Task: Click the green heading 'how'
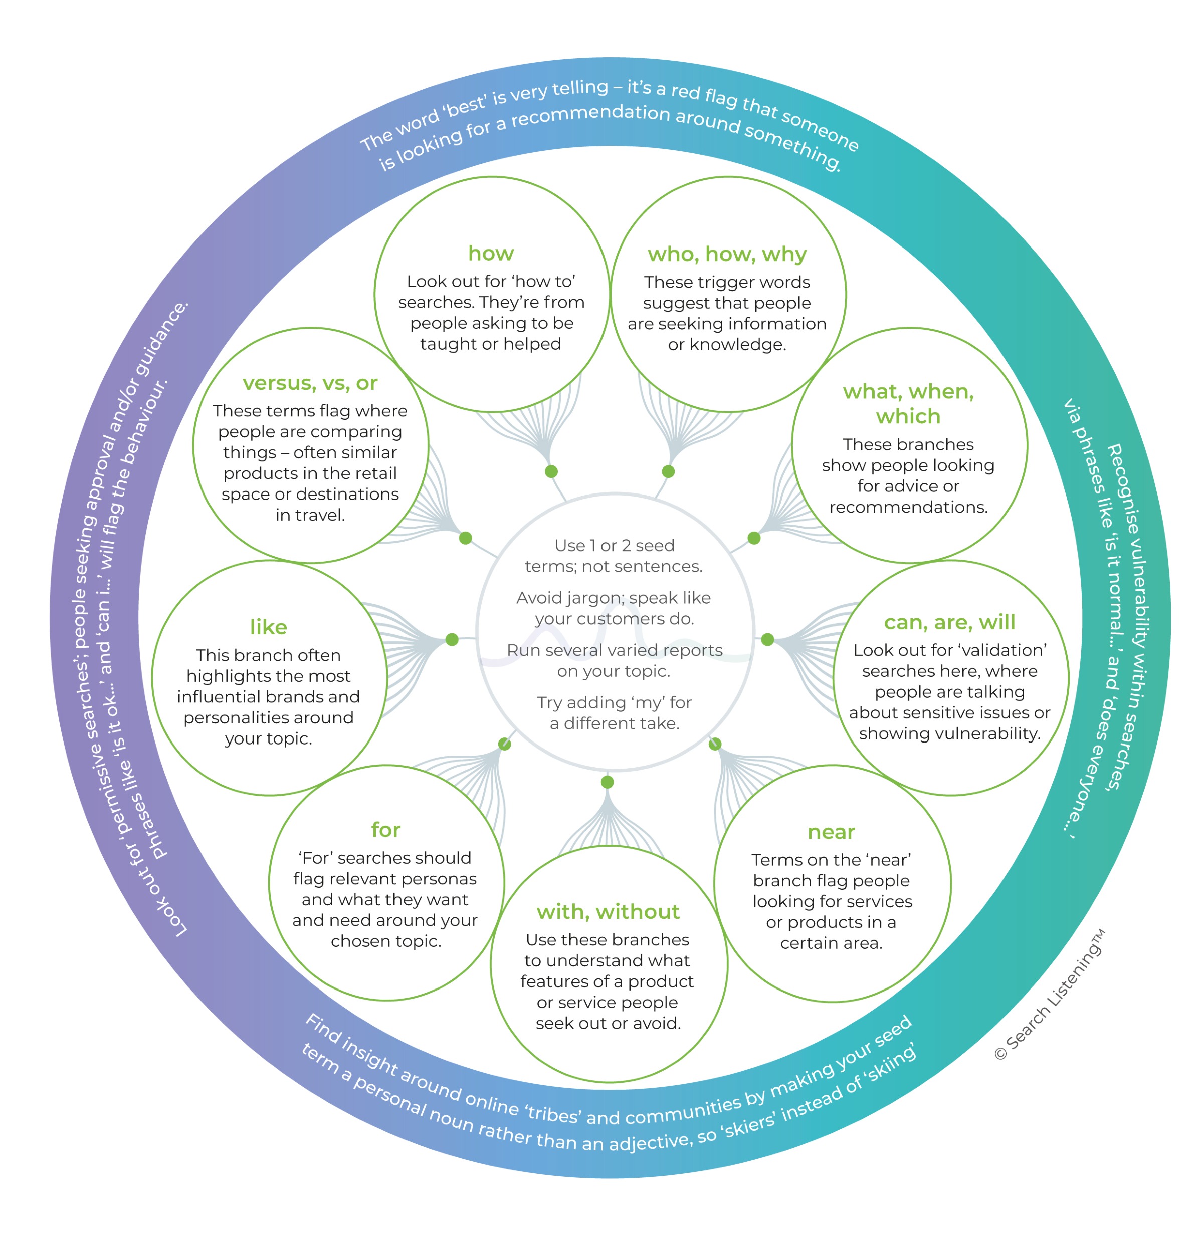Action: click(x=491, y=254)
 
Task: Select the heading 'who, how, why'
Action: click(x=727, y=254)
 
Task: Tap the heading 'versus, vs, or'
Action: click(x=310, y=383)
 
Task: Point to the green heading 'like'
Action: click(x=269, y=627)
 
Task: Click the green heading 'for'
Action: click(x=385, y=829)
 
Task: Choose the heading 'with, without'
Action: click(x=608, y=911)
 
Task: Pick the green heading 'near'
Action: click(x=831, y=832)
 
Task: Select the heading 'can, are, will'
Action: click(x=949, y=622)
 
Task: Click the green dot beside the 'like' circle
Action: click(x=452, y=640)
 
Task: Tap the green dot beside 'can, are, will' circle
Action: click(x=768, y=640)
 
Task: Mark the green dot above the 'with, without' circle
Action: click(x=607, y=782)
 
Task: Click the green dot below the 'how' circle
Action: click(x=551, y=471)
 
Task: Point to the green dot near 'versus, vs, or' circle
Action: click(x=466, y=538)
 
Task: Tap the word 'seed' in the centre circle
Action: click(x=656, y=545)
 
